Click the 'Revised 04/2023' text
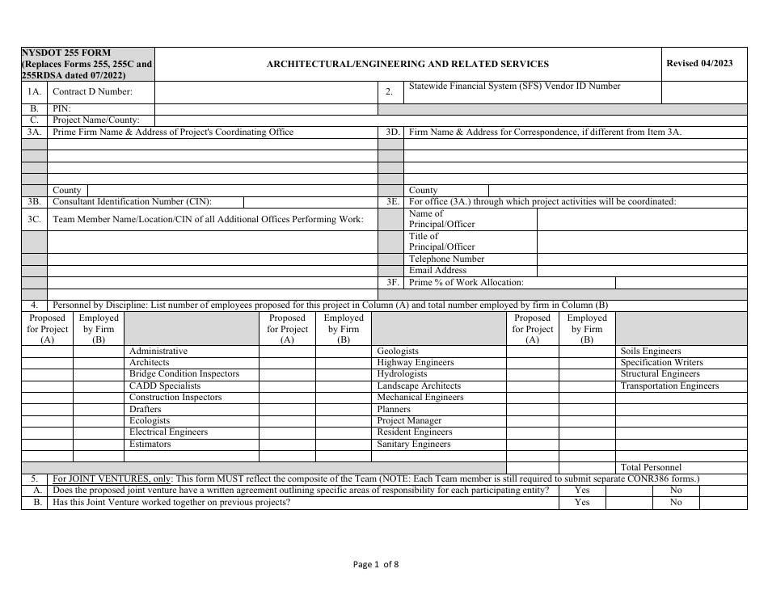700,63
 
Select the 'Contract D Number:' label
92,92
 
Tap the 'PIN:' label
62,108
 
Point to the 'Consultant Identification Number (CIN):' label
137,202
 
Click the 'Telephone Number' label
447,259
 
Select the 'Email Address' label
437,271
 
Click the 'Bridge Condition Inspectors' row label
184,374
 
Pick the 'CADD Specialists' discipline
165,386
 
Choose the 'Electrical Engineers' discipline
168,432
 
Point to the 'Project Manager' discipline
409,421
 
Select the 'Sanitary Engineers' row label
414,444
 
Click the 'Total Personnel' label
651,468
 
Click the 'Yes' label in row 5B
582,503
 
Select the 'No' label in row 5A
676,491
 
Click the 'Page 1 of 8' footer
376,565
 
